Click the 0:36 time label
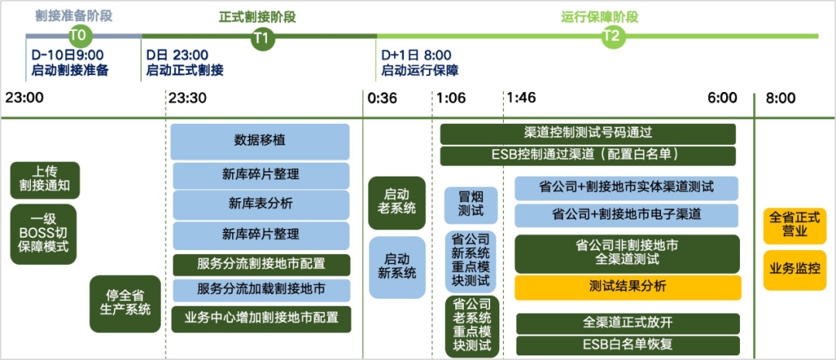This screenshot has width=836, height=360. [382, 98]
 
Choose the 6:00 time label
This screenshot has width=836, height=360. [721, 98]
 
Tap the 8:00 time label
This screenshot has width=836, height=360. [780, 98]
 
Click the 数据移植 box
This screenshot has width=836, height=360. [259, 142]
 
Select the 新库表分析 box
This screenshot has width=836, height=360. [260, 204]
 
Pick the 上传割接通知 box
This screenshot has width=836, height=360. [46, 180]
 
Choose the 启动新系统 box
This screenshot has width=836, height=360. [397, 266]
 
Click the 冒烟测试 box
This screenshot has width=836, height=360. [471, 204]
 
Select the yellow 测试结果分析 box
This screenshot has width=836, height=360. [627, 287]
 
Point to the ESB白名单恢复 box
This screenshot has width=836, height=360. [627, 345]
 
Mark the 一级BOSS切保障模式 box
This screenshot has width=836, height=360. [44, 234]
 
